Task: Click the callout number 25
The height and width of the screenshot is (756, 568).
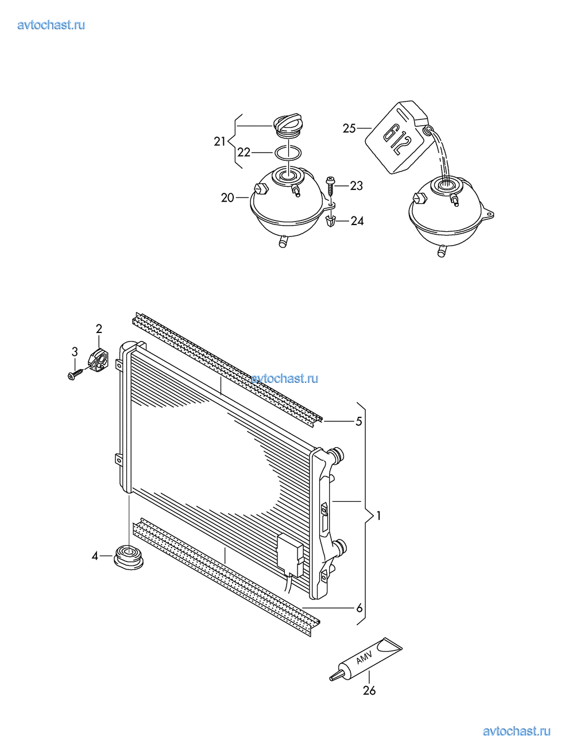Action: click(x=349, y=129)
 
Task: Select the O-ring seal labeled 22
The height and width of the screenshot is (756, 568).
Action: click(x=288, y=152)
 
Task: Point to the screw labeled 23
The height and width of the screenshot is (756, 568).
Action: click(x=330, y=187)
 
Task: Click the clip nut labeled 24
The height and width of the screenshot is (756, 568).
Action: click(x=331, y=220)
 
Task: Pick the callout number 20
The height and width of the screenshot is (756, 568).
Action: click(x=227, y=197)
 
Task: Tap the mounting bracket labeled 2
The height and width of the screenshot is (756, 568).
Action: click(x=99, y=359)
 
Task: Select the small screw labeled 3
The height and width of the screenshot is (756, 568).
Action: click(x=76, y=374)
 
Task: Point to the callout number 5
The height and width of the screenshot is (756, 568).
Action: click(x=359, y=421)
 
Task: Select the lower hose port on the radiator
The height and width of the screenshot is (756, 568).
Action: click(x=339, y=546)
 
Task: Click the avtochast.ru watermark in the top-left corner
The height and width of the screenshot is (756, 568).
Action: click(x=51, y=25)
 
